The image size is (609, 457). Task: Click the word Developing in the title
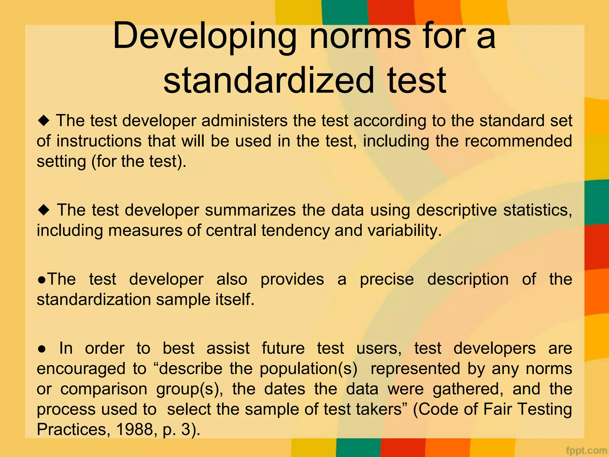[x=205, y=36]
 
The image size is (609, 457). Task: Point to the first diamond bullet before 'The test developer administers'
[x=44, y=121]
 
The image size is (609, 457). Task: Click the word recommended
[x=518, y=141]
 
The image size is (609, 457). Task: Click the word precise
[x=387, y=279]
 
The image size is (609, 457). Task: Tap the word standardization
[x=94, y=299]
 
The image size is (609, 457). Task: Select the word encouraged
[x=81, y=369]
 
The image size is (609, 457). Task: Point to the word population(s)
[x=308, y=369]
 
